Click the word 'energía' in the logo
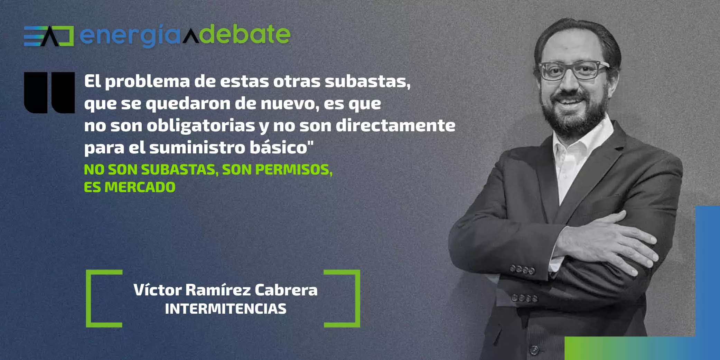click(130, 36)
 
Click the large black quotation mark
click(49, 93)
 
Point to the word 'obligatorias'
click(201, 126)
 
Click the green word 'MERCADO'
click(140, 187)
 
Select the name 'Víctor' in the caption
click(158, 290)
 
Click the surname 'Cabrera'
click(286, 290)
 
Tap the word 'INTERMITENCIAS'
click(225, 309)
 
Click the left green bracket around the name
click(88, 299)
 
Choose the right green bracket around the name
click(358, 299)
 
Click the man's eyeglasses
click(573, 70)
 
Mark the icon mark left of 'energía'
click(49, 36)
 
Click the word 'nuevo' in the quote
click(289, 104)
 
